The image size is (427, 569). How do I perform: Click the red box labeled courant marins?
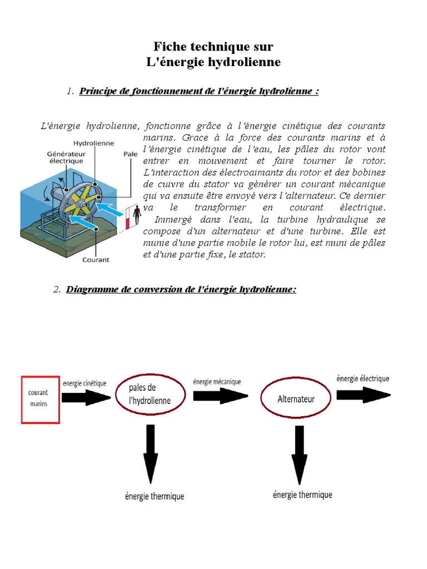[41, 399]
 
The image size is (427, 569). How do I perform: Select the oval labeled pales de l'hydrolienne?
[150, 394]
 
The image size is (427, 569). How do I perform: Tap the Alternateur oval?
[296, 399]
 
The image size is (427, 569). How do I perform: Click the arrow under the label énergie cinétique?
[86, 397]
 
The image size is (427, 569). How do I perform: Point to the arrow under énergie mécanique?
[220, 395]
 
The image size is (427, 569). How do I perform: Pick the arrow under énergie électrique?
[363, 394]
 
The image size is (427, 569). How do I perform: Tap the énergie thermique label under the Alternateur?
[302, 495]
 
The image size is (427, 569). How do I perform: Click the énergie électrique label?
[363, 378]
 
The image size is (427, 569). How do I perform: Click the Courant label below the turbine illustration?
[96, 259]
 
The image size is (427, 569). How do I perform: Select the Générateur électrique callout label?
[65, 157]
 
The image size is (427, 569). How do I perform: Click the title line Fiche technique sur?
[213, 47]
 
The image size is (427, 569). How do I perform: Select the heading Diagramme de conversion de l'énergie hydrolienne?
[181, 290]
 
